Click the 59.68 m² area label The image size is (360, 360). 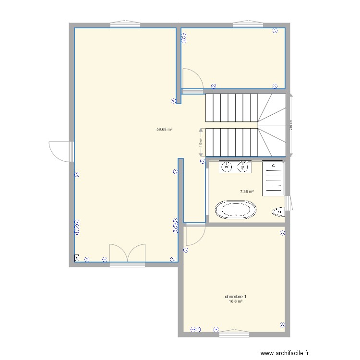[164, 129]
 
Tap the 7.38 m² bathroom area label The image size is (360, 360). [247, 192]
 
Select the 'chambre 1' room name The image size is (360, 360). [235, 297]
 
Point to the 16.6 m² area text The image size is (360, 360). [235, 301]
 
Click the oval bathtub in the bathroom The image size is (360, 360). [235, 210]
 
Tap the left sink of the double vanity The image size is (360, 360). [226, 167]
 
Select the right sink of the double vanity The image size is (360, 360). [242, 167]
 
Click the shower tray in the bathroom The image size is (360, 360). [273, 178]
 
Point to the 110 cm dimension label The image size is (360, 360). [201, 143]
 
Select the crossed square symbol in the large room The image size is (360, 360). [77, 258]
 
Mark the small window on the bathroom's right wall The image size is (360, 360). [288, 203]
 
